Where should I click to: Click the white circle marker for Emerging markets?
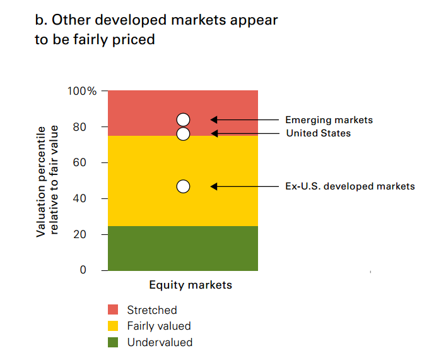183,119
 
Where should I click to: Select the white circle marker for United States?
183,133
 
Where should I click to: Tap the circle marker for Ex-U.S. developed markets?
183,186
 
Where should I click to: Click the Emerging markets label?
329,119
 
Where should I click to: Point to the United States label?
318,133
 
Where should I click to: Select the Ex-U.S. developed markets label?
350,186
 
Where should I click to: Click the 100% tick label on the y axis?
82,91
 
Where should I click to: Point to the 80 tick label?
88,127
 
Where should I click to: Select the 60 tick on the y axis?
88,162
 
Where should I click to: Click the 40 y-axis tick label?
88,198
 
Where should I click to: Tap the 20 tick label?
88,234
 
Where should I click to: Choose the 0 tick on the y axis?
92,270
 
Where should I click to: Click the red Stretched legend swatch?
114,309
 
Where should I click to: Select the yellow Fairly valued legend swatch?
114,326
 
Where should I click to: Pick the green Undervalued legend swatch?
114,342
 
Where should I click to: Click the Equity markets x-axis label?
191,285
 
